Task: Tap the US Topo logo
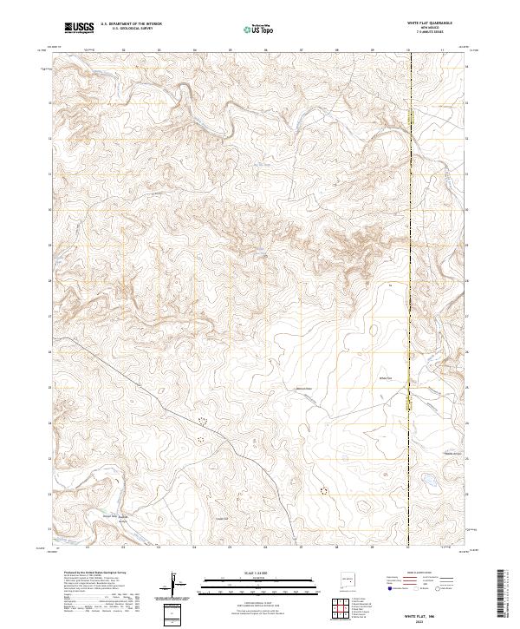pos(257,28)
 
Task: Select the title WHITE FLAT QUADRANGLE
pos(430,23)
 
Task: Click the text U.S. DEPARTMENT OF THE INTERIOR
pos(131,24)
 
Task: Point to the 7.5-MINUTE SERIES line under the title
pos(430,34)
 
